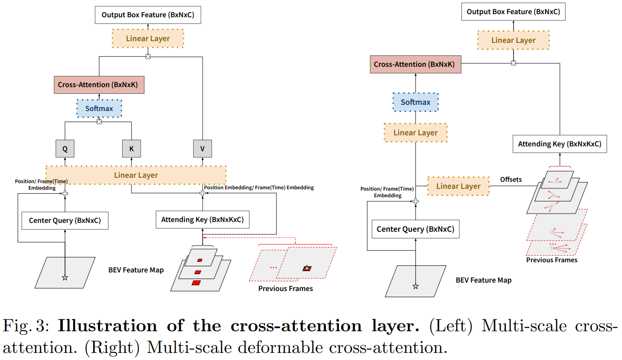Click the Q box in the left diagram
65,149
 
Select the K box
131,149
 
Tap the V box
203,149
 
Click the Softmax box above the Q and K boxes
99,108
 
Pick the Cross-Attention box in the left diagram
99,84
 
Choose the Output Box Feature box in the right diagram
513,11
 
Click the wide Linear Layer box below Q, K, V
136,175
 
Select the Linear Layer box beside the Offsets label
458,186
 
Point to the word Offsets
511,180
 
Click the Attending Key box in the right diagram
560,144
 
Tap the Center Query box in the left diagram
65,220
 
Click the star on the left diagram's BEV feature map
65,278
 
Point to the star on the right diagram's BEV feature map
415,286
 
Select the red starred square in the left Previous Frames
307,268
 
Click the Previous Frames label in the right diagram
552,260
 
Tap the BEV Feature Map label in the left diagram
136,270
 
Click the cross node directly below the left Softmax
99,122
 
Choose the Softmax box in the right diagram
415,102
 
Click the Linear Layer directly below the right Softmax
415,133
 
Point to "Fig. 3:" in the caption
26,326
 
